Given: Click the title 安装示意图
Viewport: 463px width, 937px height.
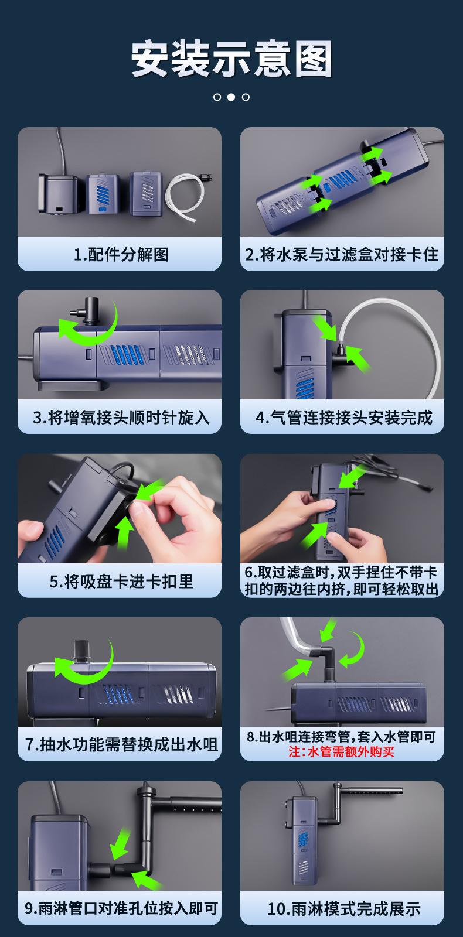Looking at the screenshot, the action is click(231, 59).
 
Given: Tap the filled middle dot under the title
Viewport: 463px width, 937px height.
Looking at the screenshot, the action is click(231, 97).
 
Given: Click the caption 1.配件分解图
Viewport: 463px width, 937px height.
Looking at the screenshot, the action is click(121, 254).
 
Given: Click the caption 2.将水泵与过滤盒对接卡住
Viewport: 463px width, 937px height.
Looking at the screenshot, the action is click(342, 254).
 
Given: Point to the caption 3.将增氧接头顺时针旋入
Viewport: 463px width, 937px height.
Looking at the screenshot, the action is click(121, 417).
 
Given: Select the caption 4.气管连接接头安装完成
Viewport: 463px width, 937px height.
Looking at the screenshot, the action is click(343, 417).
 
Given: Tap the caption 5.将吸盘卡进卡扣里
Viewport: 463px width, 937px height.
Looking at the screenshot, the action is click(121, 581).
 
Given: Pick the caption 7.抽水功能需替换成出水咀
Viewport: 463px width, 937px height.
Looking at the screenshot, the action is click(121, 744).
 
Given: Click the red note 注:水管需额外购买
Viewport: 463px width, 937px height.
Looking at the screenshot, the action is click(341, 752).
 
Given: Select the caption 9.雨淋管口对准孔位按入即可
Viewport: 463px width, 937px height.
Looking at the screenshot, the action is click(121, 908).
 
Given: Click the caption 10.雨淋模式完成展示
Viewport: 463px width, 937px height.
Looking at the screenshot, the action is click(344, 908).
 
